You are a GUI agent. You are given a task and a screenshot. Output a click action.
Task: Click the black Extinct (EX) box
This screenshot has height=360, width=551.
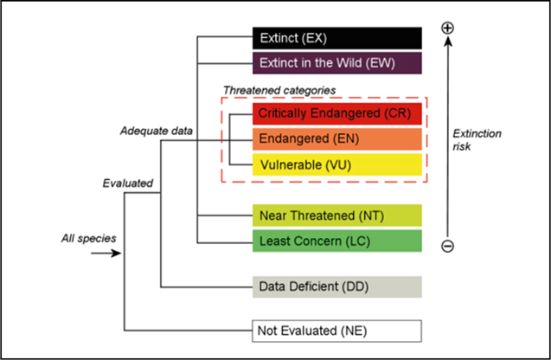click(336, 38)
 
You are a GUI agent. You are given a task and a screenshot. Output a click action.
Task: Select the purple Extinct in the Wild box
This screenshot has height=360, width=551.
click(336, 62)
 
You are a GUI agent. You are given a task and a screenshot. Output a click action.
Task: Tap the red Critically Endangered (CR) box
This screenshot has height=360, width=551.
click(336, 113)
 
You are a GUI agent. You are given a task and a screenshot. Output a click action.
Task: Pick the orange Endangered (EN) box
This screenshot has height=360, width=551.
click(336, 138)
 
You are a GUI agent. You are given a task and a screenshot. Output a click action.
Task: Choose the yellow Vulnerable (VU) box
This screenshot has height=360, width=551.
click(336, 164)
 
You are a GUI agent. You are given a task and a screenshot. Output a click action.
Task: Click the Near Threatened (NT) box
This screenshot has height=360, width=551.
click(336, 214)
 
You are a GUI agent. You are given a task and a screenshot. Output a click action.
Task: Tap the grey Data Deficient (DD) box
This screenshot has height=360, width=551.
click(336, 286)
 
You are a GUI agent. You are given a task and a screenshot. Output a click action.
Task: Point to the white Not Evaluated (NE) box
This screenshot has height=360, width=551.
click(336, 331)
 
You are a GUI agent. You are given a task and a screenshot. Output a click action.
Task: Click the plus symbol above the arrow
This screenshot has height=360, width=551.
click(447, 28)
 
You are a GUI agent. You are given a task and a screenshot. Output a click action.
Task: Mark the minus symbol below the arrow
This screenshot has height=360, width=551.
click(447, 246)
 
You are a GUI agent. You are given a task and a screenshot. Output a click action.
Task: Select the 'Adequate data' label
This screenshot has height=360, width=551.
click(156, 131)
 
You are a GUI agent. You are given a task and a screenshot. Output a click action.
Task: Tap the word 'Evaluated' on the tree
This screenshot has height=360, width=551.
click(127, 183)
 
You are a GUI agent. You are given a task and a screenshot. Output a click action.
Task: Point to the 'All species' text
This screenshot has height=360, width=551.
click(88, 237)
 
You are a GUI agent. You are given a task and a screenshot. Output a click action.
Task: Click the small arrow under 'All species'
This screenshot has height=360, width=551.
click(101, 254)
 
